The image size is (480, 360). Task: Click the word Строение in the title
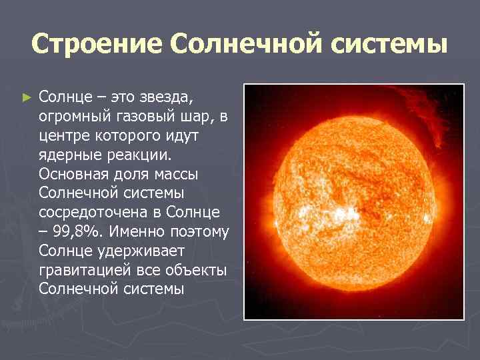(x=95, y=45)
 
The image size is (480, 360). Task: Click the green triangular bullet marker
(x=27, y=98)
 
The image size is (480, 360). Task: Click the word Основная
(x=75, y=175)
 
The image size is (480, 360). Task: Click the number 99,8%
(x=79, y=233)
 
